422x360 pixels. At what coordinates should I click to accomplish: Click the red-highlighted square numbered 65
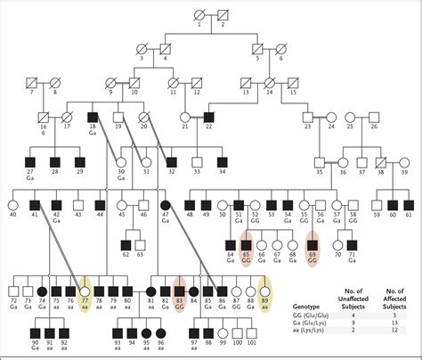click(x=247, y=245)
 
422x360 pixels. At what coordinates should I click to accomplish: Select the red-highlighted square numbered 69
click(x=312, y=245)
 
